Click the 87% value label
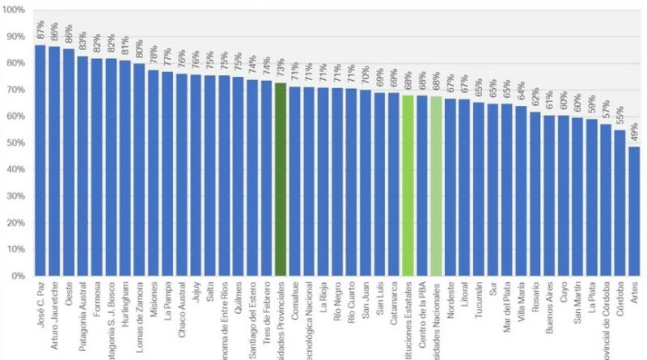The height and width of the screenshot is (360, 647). point(40,30)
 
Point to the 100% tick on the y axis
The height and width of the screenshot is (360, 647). point(16,11)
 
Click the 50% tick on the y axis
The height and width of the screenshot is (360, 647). point(17,143)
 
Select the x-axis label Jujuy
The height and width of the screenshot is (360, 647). point(195,296)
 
